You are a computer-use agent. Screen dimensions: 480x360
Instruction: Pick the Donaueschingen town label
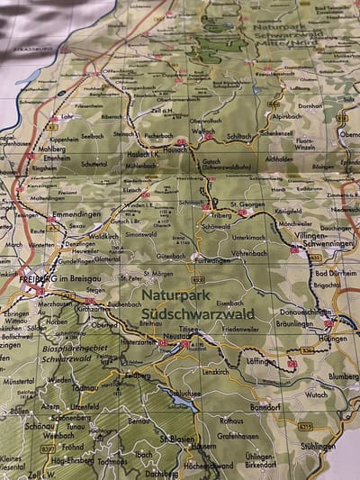(305, 312)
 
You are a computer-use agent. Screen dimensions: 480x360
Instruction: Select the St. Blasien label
(177, 438)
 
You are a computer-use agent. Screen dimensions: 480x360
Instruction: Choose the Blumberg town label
(343, 376)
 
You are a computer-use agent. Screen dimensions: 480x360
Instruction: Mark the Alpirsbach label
(287, 116)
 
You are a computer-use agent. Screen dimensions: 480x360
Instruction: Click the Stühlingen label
(319, 446)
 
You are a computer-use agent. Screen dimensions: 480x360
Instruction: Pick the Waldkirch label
(104, 236)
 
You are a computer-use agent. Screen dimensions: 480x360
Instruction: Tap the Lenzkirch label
(214, 371)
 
